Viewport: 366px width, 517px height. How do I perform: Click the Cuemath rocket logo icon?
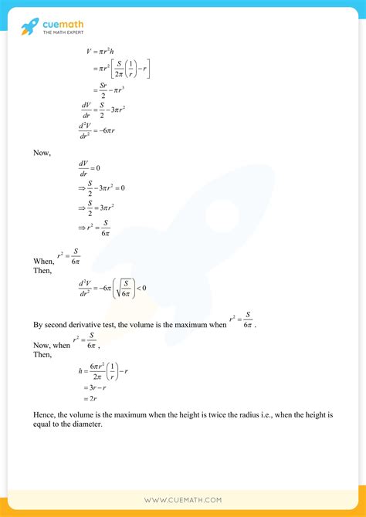point(29,27)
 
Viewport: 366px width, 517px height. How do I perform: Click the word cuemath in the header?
point(63,24)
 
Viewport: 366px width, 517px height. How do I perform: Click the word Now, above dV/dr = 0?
point(42,153)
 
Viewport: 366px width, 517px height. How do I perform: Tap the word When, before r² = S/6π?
point(43,262)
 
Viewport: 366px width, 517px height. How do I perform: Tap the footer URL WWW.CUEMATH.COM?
point(183,500)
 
